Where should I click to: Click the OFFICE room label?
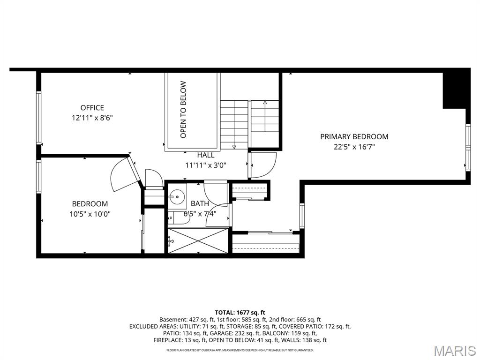tap(92, 108)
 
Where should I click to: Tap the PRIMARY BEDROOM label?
tap(354, 136)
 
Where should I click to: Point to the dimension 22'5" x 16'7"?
tap(354, 147)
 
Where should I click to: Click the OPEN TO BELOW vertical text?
tap(183, 110)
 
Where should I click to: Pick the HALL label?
tap(206, 155)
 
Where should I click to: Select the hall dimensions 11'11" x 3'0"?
tap(206, 165)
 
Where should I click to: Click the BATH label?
tap(200, 204)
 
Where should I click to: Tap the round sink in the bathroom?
tap(177, 195)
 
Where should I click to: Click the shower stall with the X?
tap(199, 241)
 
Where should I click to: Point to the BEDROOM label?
tap(90, 204)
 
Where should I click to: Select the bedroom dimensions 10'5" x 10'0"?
tap(90, 214)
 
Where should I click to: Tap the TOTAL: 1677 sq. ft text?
tap(240, 312)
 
